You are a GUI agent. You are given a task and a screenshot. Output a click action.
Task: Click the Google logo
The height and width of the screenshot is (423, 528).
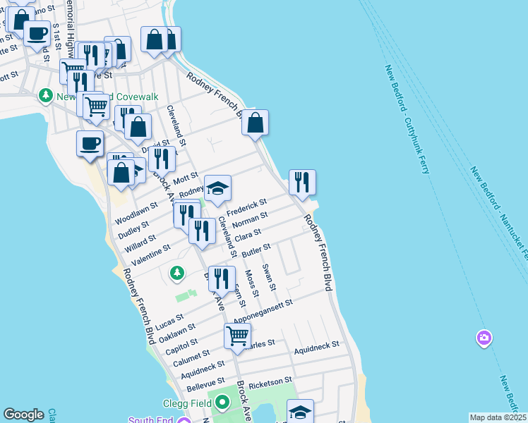(x=23, y=415)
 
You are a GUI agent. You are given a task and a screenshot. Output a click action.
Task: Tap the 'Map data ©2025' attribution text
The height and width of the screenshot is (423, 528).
(x=497, y=417)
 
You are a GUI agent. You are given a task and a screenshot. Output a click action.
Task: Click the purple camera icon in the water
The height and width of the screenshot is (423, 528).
(x=484, y=338)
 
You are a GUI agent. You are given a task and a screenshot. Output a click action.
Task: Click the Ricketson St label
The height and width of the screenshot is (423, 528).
(x=270, y=381)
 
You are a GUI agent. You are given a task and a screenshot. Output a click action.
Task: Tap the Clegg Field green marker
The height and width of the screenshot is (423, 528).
(x=222, y=403)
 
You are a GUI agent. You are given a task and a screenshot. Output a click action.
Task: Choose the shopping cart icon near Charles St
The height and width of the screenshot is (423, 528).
(x=238, y=336)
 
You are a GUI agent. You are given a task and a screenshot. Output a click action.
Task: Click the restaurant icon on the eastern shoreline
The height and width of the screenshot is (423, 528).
(x=302, y=183)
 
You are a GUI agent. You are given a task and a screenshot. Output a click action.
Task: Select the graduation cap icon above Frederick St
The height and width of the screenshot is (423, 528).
(x=218, y=188)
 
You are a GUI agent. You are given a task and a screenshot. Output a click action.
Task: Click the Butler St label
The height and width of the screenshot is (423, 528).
(x=256, y=250)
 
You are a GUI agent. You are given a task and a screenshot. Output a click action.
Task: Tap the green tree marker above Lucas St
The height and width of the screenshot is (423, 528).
(x=176, y=272)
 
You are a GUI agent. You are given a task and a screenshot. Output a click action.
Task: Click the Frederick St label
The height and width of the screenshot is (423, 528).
(x=246, y=208)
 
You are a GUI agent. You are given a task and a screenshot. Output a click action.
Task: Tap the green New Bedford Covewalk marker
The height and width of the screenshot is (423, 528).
(x=46, y=94)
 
